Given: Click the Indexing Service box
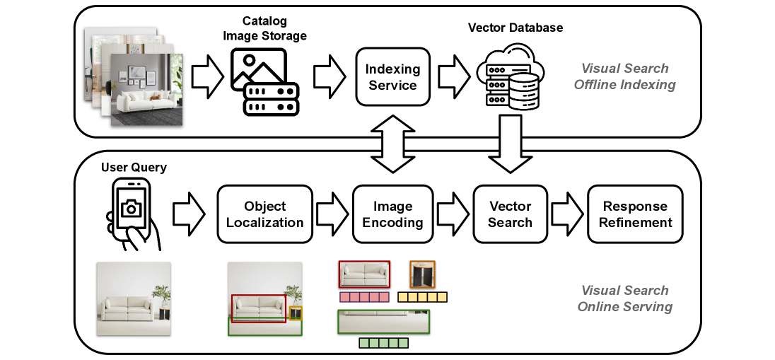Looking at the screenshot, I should click(392, 77).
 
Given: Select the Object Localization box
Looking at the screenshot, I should click(264, 214).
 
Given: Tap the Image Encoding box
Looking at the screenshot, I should click(392, 214).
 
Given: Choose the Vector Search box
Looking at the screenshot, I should click(510, 214).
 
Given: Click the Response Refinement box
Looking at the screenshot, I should click(635, 214).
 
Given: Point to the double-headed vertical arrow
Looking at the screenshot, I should click(392, 144).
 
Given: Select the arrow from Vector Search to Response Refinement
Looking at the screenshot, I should click(566, 214).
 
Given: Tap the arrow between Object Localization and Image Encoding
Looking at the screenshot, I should click(332, 214).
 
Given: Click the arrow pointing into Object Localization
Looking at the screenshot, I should click(189, 214).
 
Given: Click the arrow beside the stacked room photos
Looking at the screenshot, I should click(207, 77).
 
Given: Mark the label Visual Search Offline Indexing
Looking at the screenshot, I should click(624, 77).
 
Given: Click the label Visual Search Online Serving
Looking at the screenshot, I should click(624, 298).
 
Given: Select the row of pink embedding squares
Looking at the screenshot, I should click(364, 297).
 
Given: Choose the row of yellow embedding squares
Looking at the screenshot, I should click(423, 297).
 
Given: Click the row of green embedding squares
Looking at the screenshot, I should click(383, 343).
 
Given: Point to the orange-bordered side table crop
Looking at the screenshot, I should click(422, 274).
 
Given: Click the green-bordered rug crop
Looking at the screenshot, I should click(383, 321).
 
